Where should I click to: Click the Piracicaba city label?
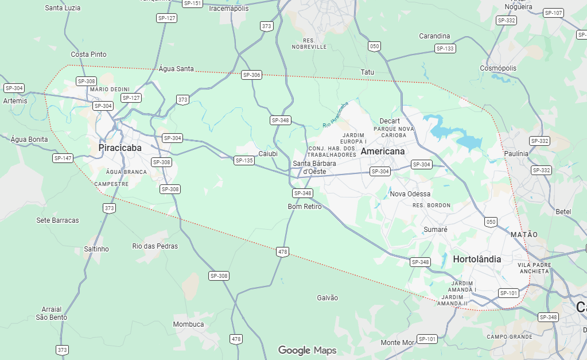120,148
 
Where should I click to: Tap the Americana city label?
382,151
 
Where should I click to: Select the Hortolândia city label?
477,259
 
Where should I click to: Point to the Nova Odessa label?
410,193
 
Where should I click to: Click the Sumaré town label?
435,229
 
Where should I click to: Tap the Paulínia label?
516,154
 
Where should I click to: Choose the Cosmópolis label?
498,68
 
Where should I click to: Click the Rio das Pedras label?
155,246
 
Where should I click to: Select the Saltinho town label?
96,249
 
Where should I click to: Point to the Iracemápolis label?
229,9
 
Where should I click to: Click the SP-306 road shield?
251,75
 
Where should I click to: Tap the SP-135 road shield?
244,160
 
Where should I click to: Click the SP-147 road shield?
63,158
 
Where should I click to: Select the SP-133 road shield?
445,48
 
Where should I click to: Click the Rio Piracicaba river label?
335,114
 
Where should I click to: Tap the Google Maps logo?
307,350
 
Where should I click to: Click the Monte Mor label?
397,342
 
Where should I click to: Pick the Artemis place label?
15,100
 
